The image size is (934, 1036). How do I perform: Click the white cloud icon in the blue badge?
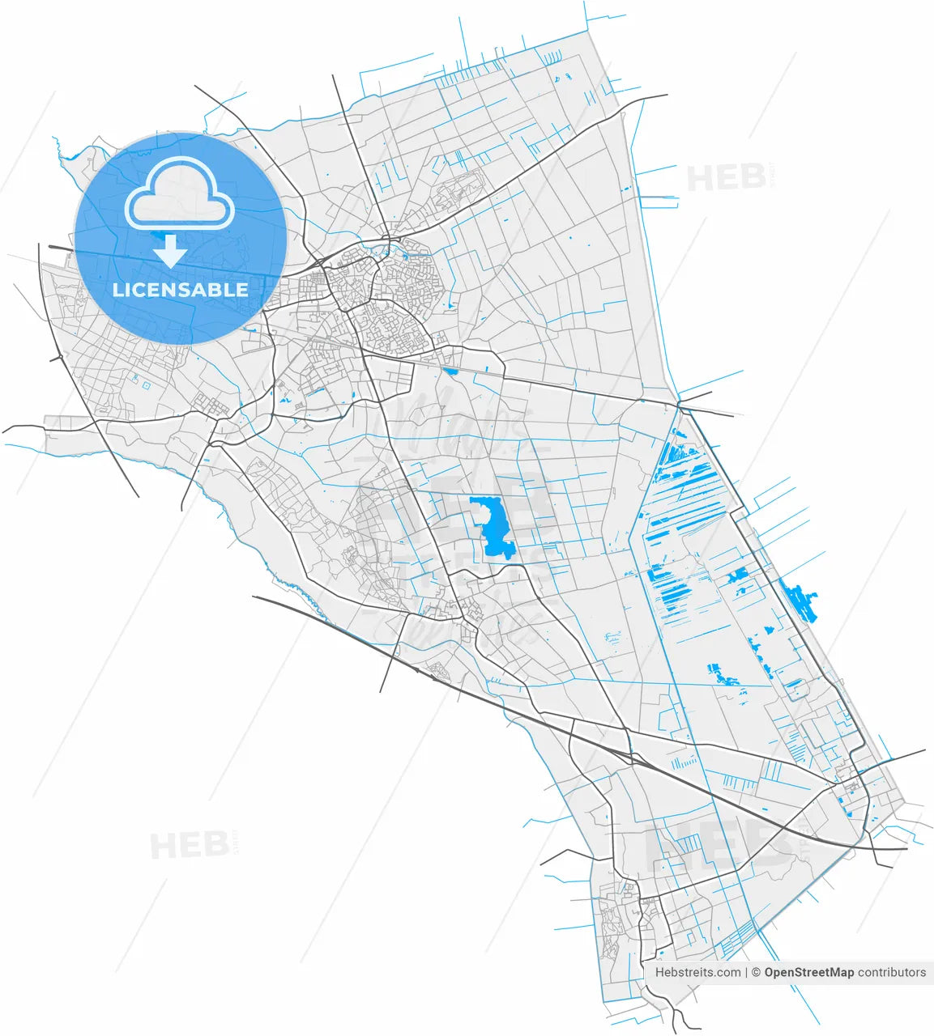179,194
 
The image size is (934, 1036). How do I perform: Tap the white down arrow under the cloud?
170,251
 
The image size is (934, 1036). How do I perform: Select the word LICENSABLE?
180,290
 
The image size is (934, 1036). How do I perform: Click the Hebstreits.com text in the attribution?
697,972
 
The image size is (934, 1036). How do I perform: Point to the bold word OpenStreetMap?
808,972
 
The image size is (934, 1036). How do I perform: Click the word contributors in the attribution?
892,972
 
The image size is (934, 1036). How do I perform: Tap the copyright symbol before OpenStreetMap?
756,972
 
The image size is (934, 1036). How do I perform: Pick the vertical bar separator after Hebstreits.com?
746,972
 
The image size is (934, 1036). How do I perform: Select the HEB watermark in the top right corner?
727,177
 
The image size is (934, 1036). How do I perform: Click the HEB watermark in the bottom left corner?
190,846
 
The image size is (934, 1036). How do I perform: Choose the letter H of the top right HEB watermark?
698,178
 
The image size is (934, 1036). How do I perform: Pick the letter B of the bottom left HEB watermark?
215,846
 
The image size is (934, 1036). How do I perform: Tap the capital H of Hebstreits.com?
659,972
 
